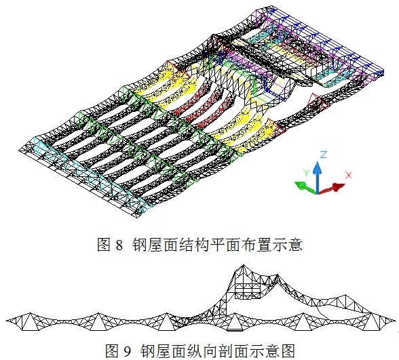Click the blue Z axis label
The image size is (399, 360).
[x=323, y=155]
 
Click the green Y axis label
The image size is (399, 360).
[x=306, y=173]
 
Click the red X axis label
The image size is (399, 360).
[x=348, y=175]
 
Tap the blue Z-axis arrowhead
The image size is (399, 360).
[x=317, y=167]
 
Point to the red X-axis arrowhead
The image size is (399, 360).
[x=338, y=187]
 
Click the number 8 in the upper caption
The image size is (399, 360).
[x=119, y=245]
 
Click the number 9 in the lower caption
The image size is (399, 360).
[x=128, y=351]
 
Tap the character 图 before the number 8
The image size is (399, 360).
[x=104, y=245]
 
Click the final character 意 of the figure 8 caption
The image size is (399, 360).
[x=295, y=245]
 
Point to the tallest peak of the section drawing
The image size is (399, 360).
[x=243, y=265]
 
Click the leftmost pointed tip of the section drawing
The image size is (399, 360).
[x=6, y=320]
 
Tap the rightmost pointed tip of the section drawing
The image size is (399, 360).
[x=396, y=320]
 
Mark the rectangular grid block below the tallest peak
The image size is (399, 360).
[x=248, y=291]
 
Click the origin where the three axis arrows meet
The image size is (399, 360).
[x=317, y=193]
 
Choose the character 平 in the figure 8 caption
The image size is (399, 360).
[x=217, y=245]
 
